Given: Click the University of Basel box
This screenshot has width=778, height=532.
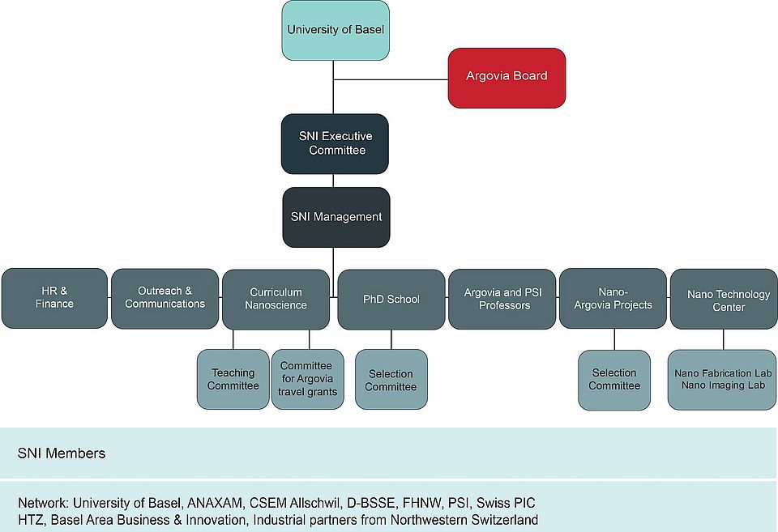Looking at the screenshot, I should tap(336, 30).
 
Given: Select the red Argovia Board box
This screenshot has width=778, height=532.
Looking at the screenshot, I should tap(507, 77).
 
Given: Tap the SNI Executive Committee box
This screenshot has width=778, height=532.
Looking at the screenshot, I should tap(336, 143).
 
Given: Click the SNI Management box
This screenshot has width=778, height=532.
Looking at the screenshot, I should tap(336, 217).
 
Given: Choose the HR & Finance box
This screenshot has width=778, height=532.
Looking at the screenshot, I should tap(54, 298).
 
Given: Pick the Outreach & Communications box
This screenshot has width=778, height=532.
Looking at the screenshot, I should tap(165, 298).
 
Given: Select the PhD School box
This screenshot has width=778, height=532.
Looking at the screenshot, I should tap(391, 299).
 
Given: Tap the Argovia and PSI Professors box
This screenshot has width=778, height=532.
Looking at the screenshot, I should tap(502, 299).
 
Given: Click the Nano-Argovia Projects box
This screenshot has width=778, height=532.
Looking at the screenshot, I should tap(613, 299).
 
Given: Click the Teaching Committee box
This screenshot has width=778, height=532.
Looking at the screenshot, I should tap(233, 379).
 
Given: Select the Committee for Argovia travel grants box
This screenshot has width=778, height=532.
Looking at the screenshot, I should tap(306, 379).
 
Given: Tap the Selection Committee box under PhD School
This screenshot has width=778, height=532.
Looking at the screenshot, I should tap(391, 379).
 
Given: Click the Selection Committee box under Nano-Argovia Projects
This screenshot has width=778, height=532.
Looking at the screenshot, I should tap(614, 379).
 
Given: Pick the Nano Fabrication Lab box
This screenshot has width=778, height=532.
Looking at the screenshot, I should tap(722, 373).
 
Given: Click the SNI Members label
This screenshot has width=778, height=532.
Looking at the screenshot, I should tap(62, 453).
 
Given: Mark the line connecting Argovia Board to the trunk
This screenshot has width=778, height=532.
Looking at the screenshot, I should tap(391, 80).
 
